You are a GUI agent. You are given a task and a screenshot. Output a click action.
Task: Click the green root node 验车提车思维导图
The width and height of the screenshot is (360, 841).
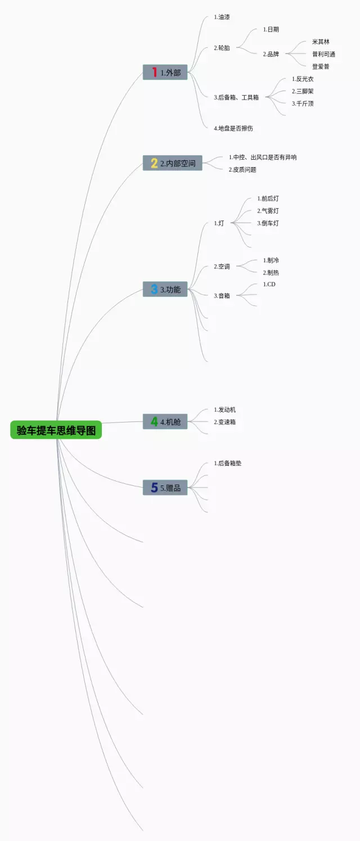(x=56, y=430)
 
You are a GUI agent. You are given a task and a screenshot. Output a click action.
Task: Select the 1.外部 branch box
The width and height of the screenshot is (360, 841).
(x=165, y=72)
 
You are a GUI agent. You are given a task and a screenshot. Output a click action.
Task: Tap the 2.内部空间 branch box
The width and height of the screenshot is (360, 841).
(x=173, y=163)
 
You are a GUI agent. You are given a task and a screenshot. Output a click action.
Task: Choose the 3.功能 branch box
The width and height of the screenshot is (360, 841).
(x=165, y=289)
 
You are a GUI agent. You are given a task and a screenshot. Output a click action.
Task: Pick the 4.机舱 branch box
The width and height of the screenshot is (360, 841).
(x=165, y=421)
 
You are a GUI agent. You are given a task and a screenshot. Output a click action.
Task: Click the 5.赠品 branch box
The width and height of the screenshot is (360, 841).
(x=165, y=488)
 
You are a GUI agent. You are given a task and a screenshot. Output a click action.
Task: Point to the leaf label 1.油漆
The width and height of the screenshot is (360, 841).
(x=222, y=17)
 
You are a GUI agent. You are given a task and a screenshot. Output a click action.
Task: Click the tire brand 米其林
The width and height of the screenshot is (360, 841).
(x=321, y=42)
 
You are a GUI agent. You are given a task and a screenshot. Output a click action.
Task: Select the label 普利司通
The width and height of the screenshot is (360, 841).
(x=323, y=54)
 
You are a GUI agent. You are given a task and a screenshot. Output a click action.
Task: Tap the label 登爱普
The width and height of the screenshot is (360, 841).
(x=321, y=66)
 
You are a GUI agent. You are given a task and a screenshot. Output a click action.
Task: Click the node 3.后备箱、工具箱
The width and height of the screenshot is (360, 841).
(x=236, y=97)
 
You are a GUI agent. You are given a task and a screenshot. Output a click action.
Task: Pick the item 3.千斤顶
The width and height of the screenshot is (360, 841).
(x=303, y=104)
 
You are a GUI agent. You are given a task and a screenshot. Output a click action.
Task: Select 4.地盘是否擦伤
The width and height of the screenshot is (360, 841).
(x=233, y=128)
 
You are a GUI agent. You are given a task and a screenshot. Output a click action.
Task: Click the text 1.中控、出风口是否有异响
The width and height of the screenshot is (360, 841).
(x=263, y=158)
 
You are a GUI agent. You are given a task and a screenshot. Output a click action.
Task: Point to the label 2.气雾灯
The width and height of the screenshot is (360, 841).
(x=268, y=211)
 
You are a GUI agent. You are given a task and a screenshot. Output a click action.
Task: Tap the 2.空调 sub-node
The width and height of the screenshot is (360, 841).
(x=222, y=267)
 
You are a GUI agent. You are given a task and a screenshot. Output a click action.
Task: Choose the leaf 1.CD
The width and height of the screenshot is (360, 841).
(x=269, y=285)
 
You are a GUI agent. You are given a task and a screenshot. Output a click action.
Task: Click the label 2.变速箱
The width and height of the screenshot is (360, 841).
(x=224, y=422)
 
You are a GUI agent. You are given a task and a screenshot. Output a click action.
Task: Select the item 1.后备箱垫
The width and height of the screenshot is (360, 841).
(x=227, y=463)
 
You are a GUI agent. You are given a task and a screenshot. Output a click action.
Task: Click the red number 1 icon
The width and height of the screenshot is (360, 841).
(x=154, y=72)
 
